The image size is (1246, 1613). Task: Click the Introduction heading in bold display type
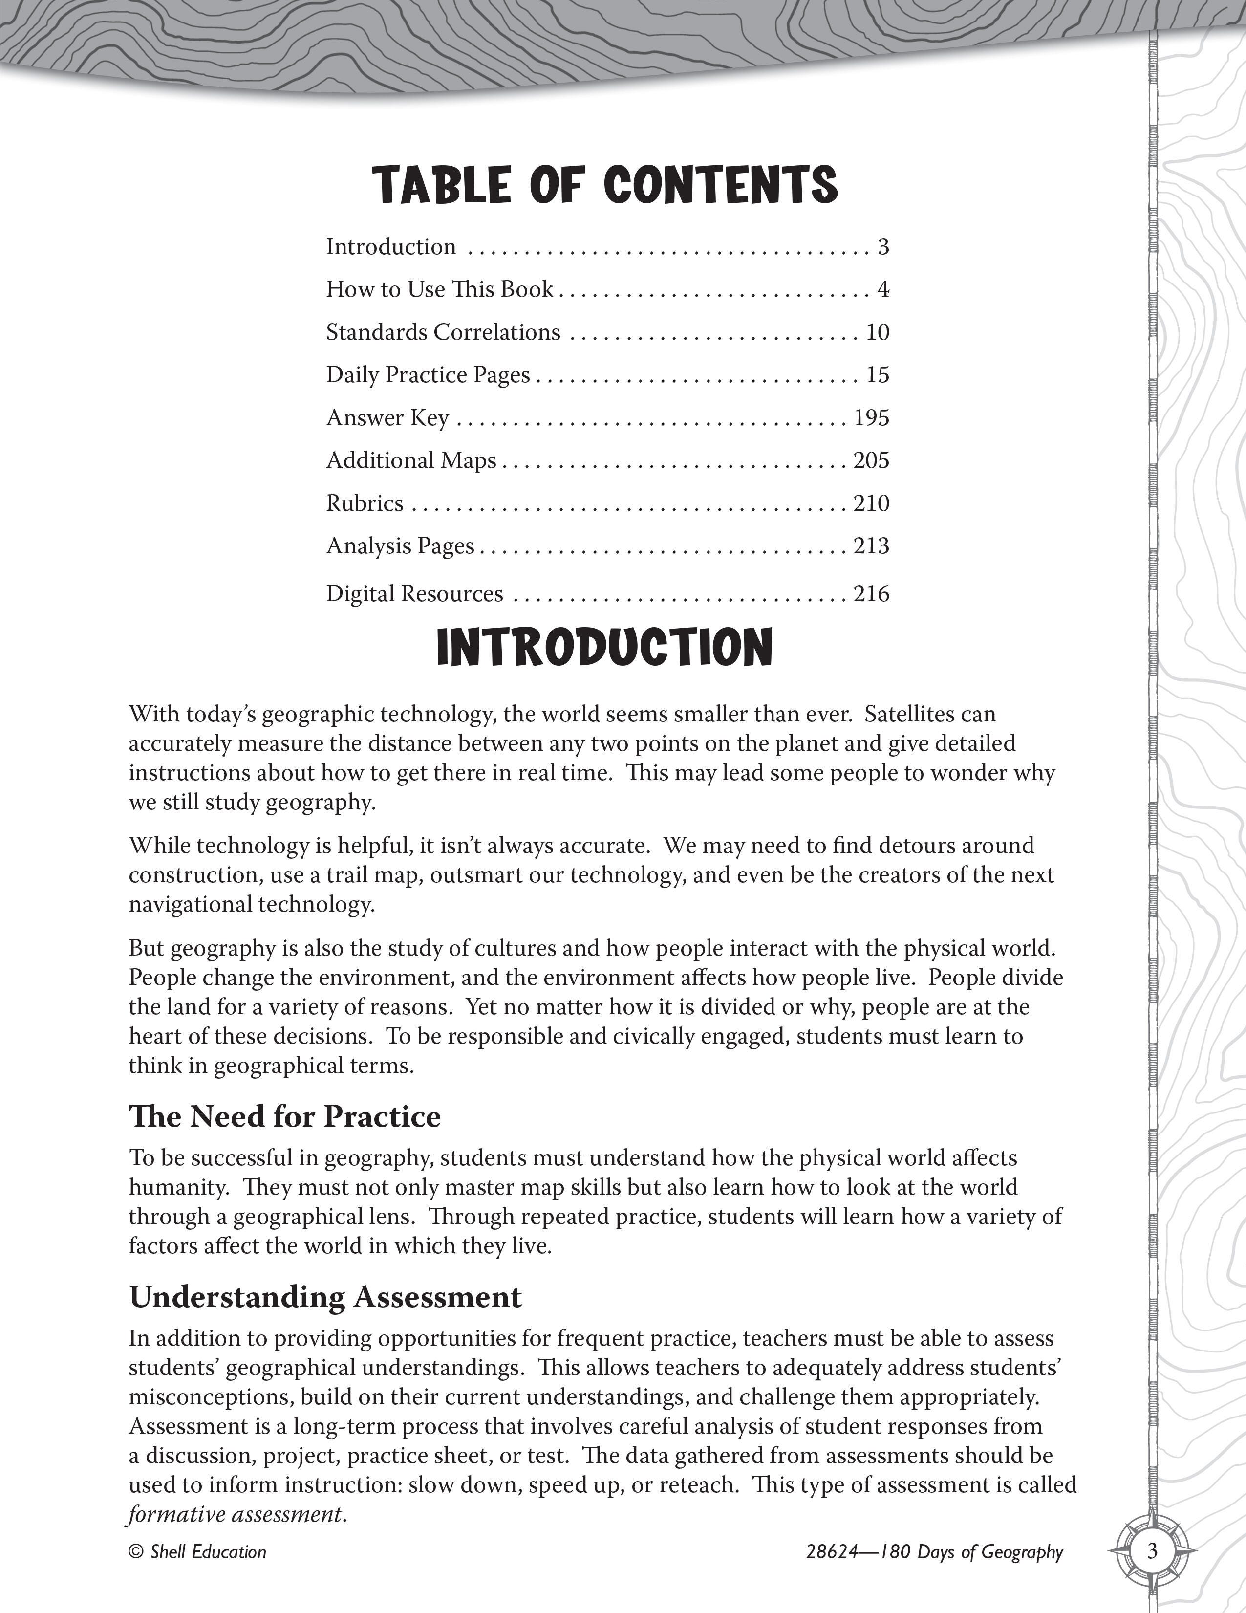click(x=604, y=647)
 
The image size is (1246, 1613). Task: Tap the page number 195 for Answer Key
click(x=871, y=418)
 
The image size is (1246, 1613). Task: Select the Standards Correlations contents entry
click(x=443, y=332)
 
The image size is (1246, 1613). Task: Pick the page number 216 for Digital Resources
click(x=871, y=594)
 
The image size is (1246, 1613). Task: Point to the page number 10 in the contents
click(x=877, y=332)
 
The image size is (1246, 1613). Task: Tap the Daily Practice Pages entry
click(x=428, y=375)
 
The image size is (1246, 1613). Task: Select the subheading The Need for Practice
click(x=285, y=1117)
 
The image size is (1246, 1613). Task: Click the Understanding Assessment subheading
click(x=325, y=1297)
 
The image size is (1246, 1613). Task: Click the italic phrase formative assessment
click(x=236, y=1515)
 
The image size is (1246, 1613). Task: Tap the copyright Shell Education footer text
click(x=197, y=1552)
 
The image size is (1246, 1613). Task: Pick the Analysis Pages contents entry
click(x=400, y=546)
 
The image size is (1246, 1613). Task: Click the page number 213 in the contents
click(x=871, y=546)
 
